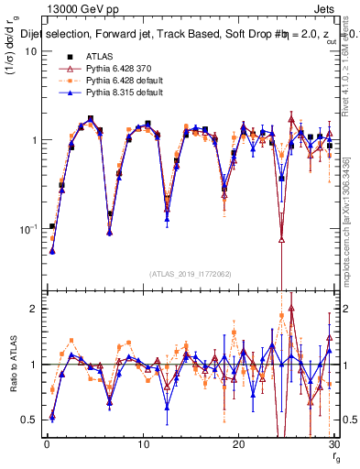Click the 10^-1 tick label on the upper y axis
pos(27,228)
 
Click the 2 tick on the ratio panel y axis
pos(33,309)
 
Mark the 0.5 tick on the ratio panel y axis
pos(29,420)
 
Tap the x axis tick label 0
pos(47,445)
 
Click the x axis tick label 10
pos(143,445)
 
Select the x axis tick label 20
pos(238,445)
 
